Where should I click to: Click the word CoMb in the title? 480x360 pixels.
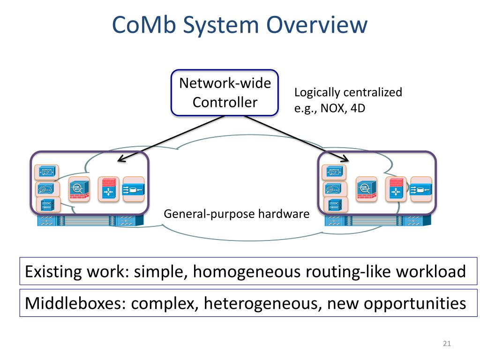[x=144, y=24]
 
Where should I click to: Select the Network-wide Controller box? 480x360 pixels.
[x=225, y=93]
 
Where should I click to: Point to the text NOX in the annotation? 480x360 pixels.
[x=333, y=108]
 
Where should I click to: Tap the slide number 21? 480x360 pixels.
[x=447, y=344]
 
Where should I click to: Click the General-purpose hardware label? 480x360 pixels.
[x=237, y=214]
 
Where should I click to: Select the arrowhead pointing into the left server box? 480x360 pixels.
[x=122, y=158]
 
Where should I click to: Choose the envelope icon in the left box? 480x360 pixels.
[x=46, y=172]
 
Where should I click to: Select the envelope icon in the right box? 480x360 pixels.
[x=334, y=172]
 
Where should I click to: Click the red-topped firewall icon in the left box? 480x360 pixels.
[x=108, y=189]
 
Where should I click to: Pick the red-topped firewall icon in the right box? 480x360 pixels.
[x=396, y=189]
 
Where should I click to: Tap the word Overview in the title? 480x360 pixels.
[x=317, y=24]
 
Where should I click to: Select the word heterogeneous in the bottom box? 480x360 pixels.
[x=262, y=304]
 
